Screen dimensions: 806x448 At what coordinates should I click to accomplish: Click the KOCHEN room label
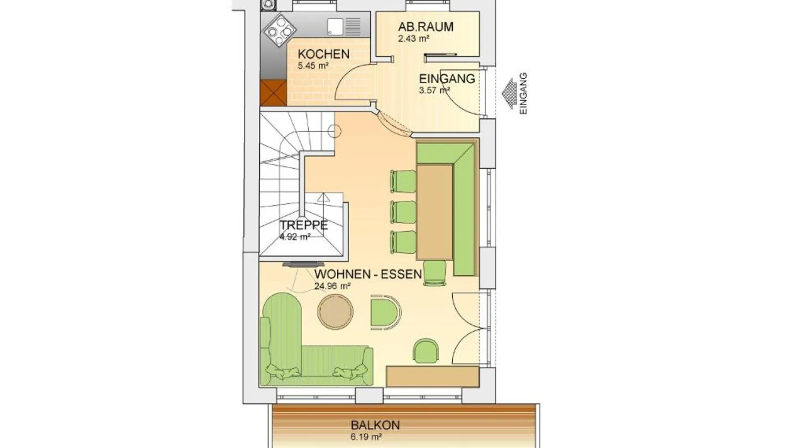323,54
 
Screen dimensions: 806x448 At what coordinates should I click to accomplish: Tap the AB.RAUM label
426,27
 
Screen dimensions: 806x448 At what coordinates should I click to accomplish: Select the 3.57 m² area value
434,90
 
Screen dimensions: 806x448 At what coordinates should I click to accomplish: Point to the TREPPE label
304,225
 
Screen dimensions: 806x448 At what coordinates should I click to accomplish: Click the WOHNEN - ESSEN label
368,274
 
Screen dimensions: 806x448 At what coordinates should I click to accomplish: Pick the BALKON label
375,425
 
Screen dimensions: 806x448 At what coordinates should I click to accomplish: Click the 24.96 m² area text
332,286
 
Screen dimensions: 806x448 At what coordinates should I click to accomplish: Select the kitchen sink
343,27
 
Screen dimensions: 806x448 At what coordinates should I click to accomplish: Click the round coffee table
335,313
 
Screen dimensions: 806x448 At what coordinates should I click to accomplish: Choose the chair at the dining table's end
434,273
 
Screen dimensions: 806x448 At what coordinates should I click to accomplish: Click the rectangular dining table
434,212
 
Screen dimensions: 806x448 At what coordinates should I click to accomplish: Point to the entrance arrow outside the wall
510,94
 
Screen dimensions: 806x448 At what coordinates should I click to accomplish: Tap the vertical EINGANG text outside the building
523,94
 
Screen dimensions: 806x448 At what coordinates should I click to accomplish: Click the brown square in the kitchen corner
273,93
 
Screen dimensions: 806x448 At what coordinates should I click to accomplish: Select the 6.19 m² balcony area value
366,436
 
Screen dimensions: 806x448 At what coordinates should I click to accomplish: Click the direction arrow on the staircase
324,198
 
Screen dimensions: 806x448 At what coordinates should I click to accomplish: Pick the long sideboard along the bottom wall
433,376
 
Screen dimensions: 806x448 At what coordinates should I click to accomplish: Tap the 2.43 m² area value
414,39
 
